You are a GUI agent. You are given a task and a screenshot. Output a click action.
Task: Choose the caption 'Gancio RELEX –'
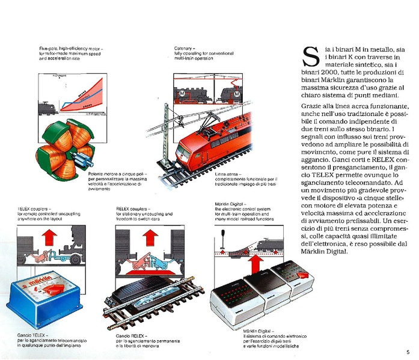[x=132, y=334]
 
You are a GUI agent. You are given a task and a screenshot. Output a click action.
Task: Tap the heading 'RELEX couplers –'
[x=136, y=208]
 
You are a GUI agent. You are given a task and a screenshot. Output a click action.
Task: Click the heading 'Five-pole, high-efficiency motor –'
[x=71, y=47]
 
